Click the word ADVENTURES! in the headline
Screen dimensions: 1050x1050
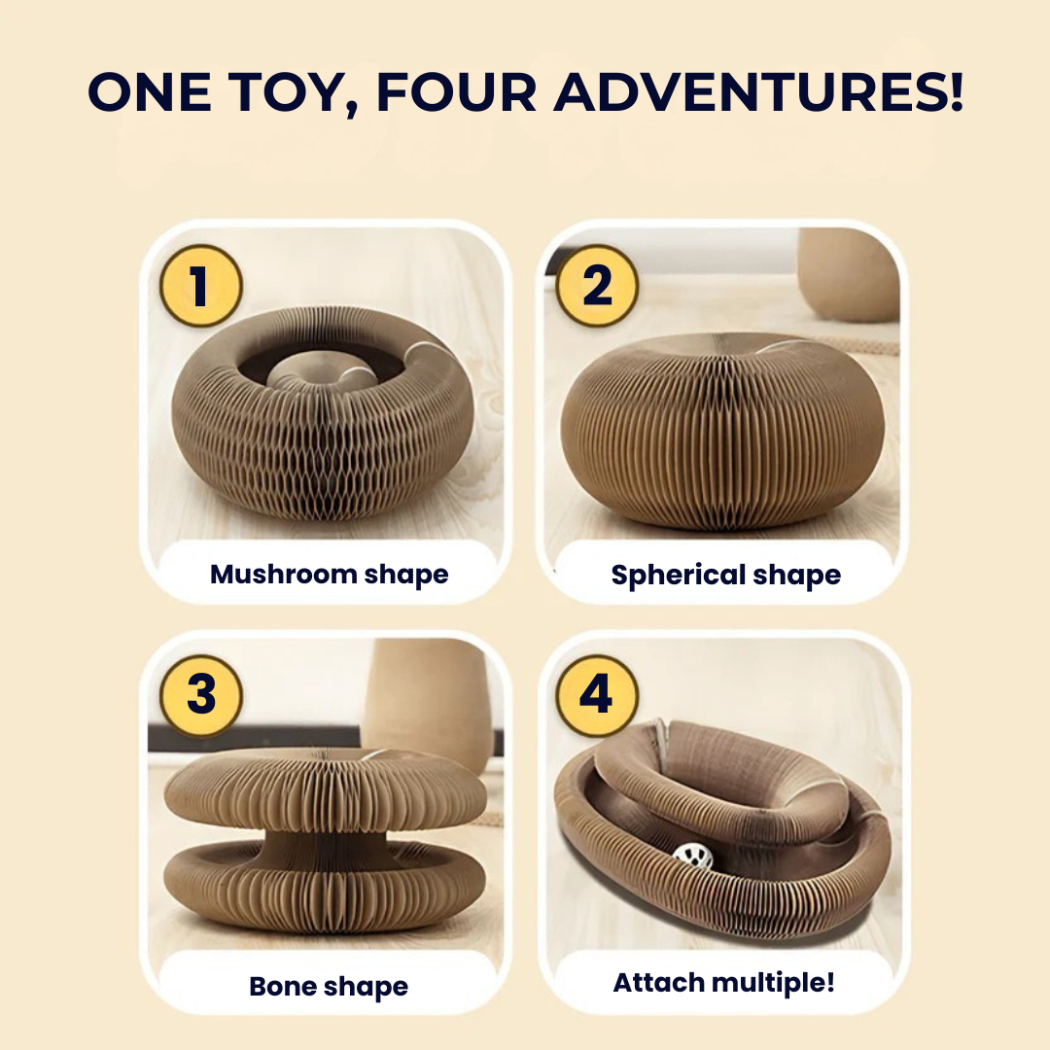(x=758, y=91)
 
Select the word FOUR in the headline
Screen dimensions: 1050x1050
(x=456, y=91)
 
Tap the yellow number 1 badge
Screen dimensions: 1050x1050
(x=200, y=285)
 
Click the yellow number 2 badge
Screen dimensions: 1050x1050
(x=597, y=285)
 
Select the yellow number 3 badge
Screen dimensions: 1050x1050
(x=201, y=695)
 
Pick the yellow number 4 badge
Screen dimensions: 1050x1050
(x=596, y=695)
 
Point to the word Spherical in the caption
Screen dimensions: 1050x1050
(x=678, y=576)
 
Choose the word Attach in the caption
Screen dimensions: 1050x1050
(x=658, y=982)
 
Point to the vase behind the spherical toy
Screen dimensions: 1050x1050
(x=849, y=273)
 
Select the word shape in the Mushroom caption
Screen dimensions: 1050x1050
(x=406, y=576)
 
